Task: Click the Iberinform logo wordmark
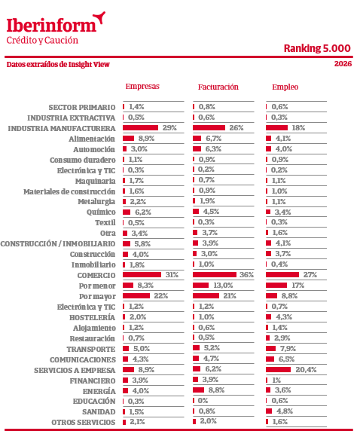(51, 25)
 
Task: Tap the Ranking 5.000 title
(317, 48)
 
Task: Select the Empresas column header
(142, 87)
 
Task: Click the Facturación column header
(218, 87)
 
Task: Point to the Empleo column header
(285, 87)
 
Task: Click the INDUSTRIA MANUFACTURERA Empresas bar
(141, 127)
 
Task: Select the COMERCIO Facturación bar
(215, 274)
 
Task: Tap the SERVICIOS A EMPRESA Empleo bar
(278, 369)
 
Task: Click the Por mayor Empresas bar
(136, 296)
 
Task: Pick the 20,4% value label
(306, 369)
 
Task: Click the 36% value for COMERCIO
(246, 274)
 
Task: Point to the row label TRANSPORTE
(91, 349)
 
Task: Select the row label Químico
(101, 212)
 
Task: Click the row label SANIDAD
(99, 412)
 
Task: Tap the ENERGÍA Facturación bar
(198, 390)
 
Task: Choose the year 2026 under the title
(343, 63)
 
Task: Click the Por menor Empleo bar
(276, 285)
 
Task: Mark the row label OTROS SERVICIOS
(84, 423)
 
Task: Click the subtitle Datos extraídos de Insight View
(58, 64)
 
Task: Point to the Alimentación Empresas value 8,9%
(146, 138)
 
